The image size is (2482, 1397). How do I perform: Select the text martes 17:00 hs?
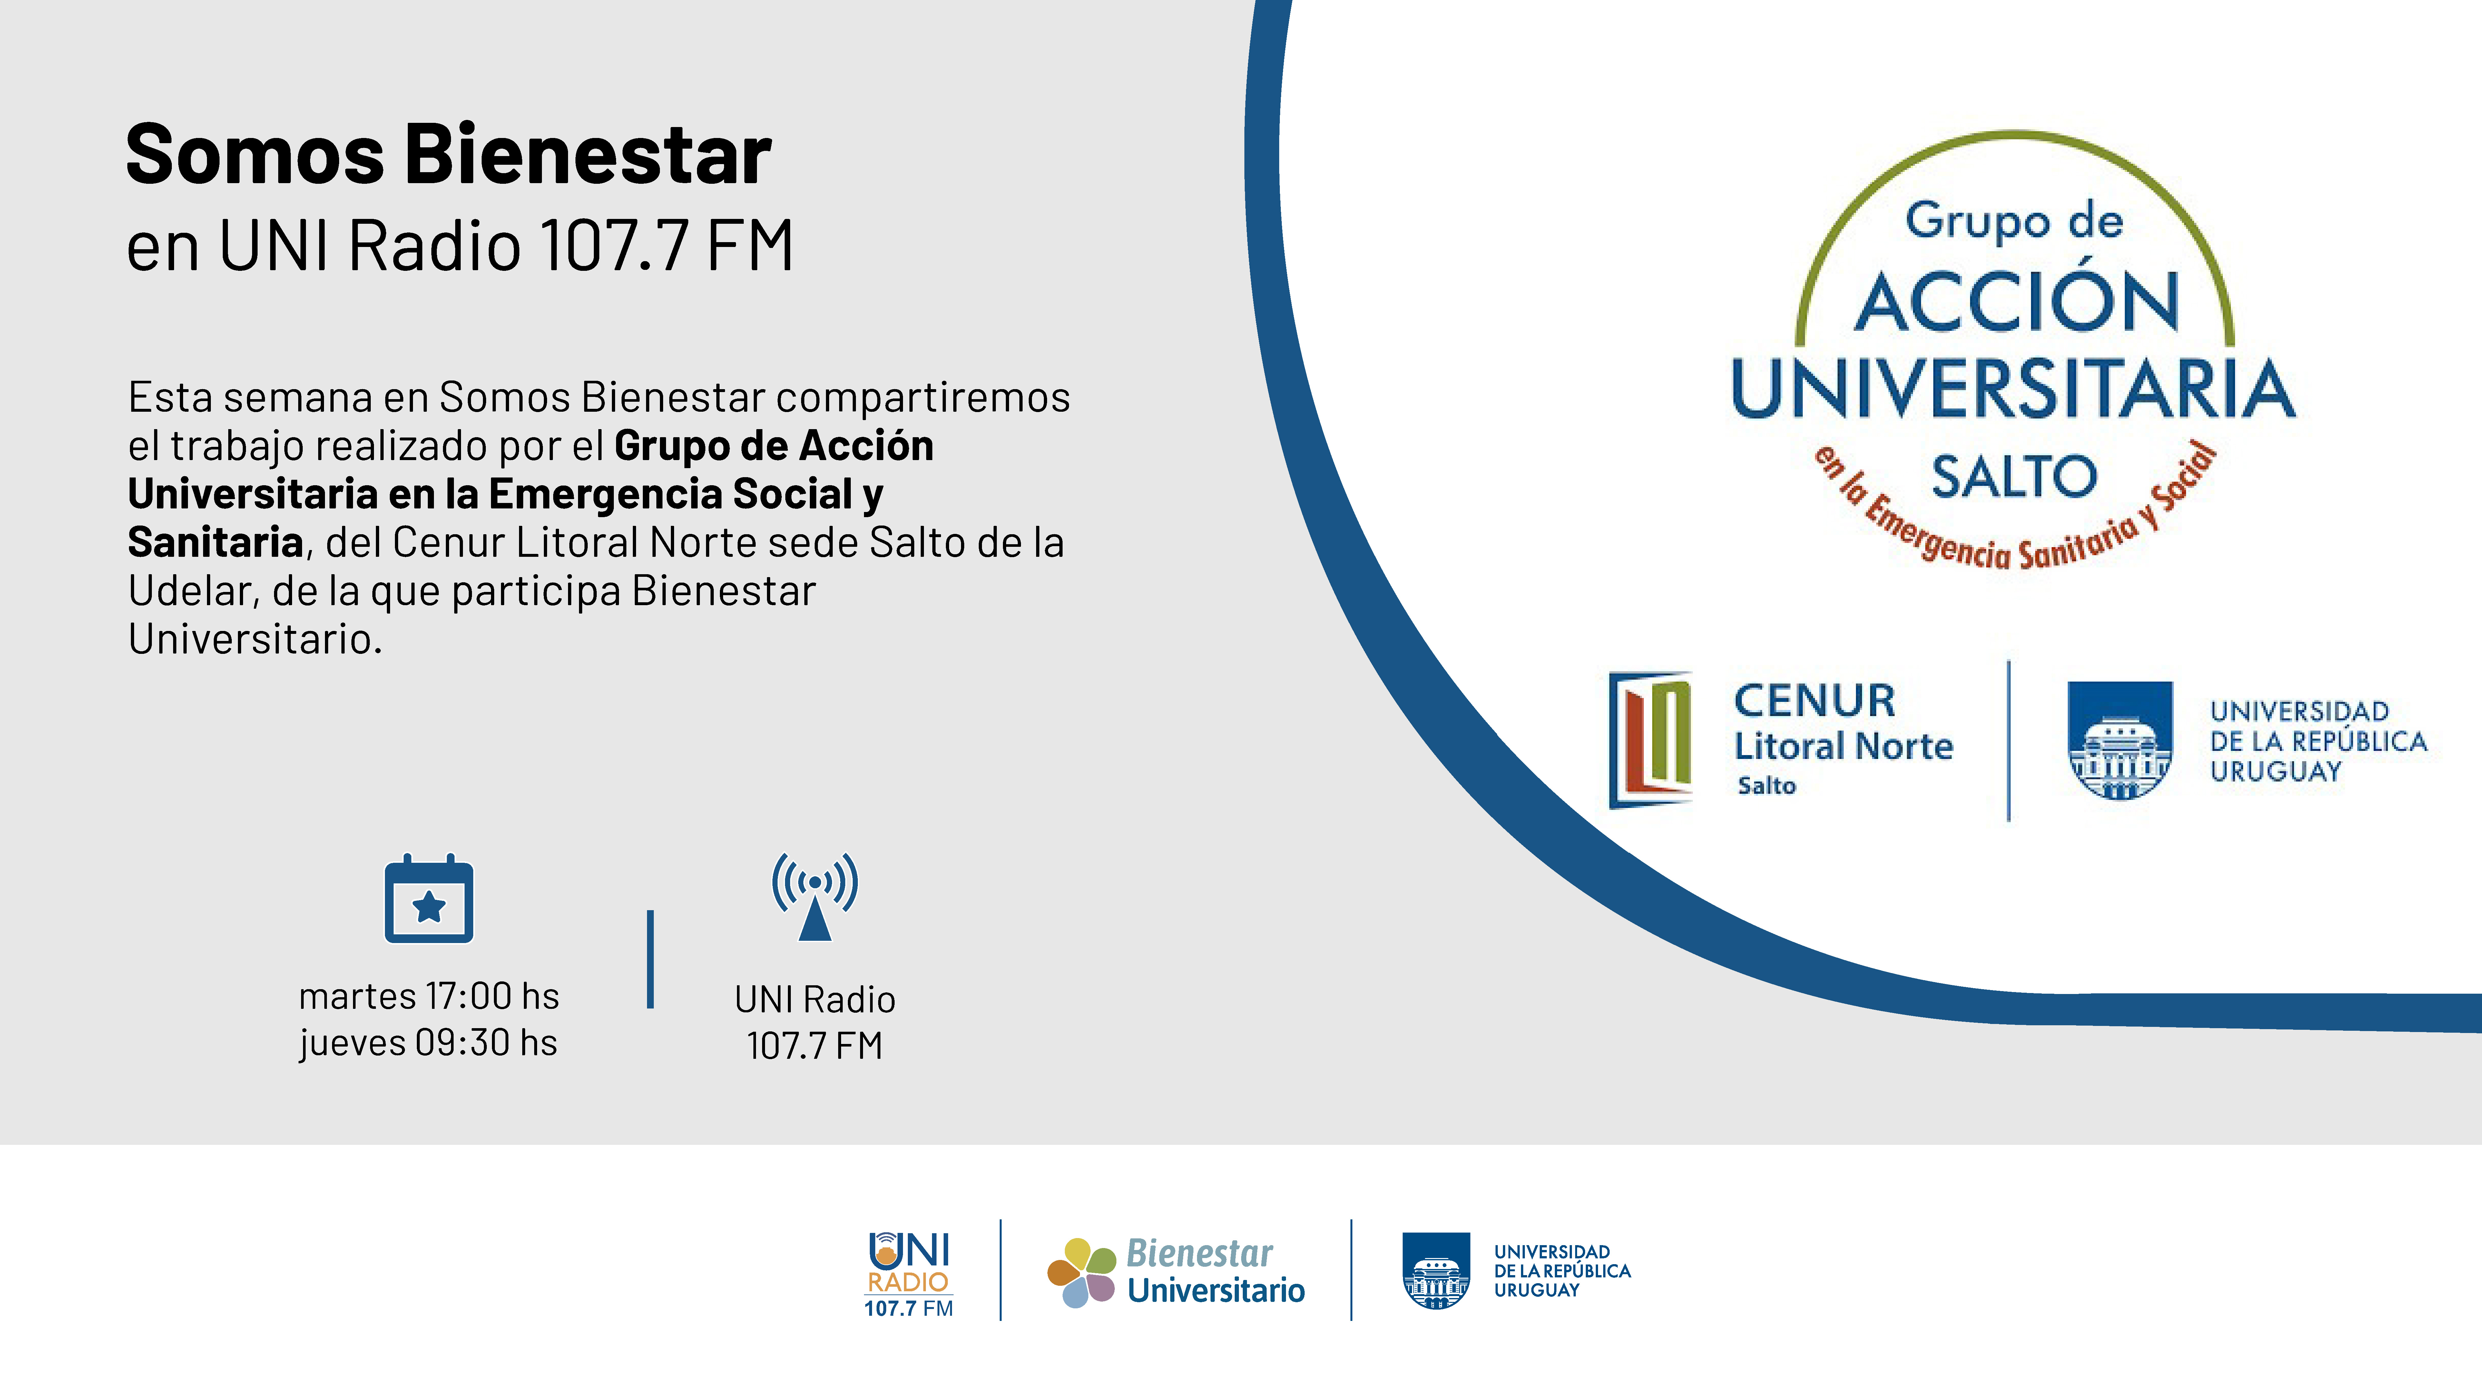(x=429, y=996)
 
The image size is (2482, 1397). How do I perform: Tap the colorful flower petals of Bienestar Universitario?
(x=1081, y=1272)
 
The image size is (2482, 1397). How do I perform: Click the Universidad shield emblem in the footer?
(x=1436, y=1270)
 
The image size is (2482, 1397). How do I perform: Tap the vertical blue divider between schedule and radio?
(x=650, y=959)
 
